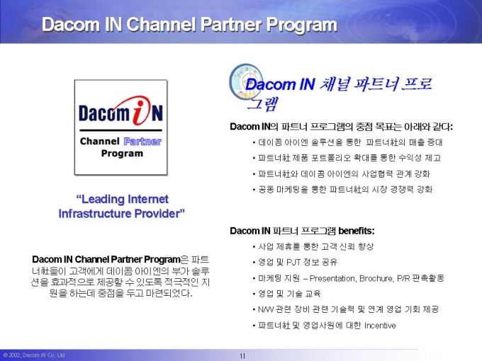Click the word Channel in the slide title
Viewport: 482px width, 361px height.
coord(161,25)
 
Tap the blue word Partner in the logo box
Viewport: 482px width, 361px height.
coord(142,142)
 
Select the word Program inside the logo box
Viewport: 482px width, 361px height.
coord(122,154)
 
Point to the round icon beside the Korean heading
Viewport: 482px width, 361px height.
coord(246,81)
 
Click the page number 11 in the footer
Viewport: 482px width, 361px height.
coord(242,356)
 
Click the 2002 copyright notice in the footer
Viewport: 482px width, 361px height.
coord(34,355)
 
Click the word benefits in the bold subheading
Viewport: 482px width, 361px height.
coord(357,231)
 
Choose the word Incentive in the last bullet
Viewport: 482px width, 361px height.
coord(380,326)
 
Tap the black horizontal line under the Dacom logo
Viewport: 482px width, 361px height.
coord(120,130)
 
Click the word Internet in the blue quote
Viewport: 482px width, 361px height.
coord(148,199)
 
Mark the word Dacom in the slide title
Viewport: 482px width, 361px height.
coord(71,25)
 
